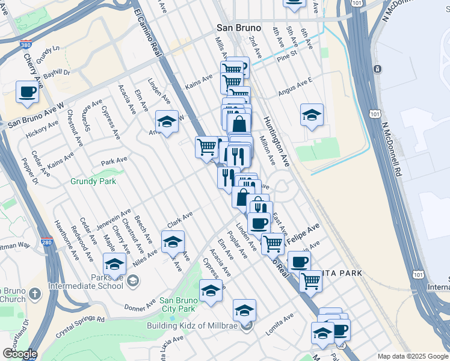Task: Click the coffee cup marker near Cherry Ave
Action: point(27,93)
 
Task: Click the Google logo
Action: point(19,354)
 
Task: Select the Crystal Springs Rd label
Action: point(80,324)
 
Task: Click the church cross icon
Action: point(35,294)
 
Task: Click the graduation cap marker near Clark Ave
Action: point(173,242)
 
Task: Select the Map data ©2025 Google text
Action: point(412,356)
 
